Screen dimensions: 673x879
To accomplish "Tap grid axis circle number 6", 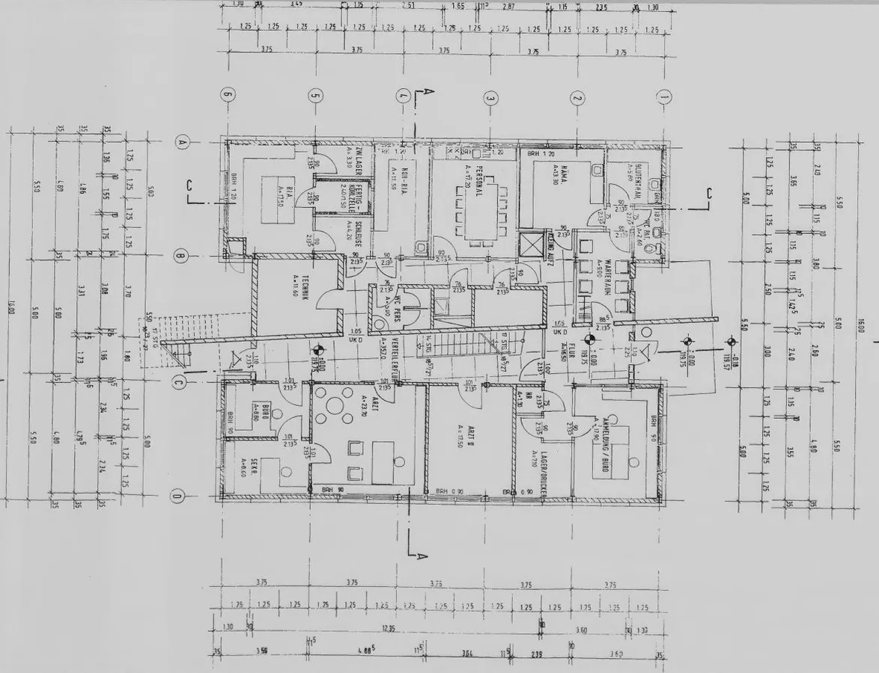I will click(228, 95).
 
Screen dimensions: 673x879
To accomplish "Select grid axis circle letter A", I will click(181, 141).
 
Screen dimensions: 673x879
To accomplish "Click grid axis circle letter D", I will click(178, 495).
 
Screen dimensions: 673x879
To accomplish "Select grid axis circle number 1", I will click(663, 96).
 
